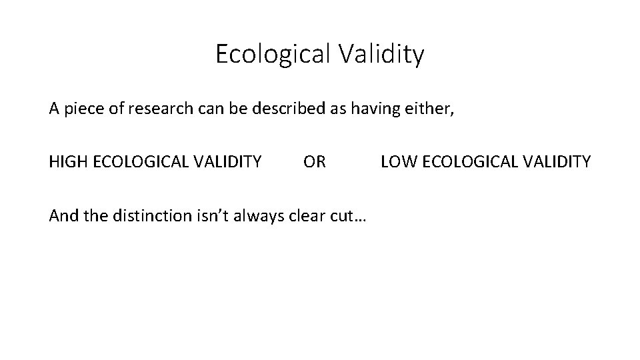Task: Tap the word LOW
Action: pos(396,161)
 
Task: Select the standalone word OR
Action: pos(315,161)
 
